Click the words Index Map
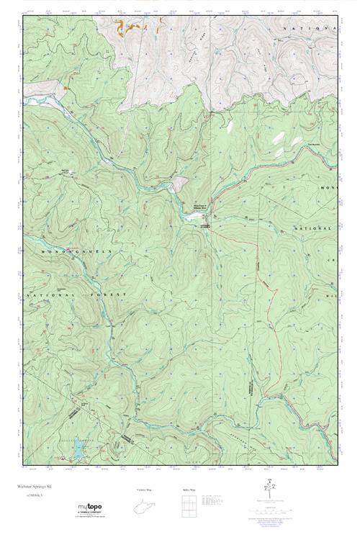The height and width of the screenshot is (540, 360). (x=189, y=490)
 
